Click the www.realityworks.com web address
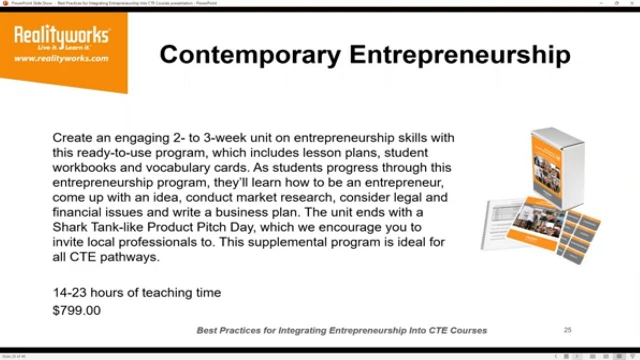(x=61, y=58)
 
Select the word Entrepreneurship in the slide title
(x=460, y=54)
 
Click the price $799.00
(x=77, y=310)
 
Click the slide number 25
(x=567, y=330)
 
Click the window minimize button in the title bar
(x=602, y=3)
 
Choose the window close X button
(x=631, y=3)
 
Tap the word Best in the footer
(x=207, y=330)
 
